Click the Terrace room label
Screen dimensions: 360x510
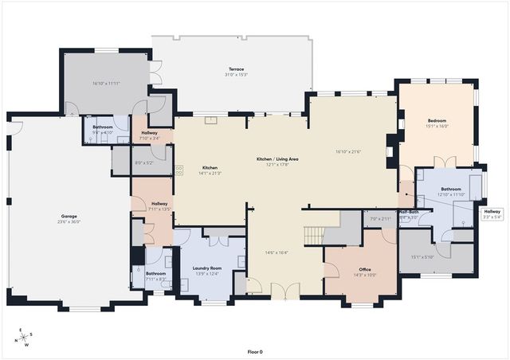tap(237, 69)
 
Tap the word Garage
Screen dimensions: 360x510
tap(69, 216)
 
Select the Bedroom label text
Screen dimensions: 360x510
tap(437, 121)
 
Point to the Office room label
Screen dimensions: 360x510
tap(365, 269)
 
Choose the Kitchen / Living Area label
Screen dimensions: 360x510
tap(277, 160)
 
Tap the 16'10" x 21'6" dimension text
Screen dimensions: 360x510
tap(348, 151)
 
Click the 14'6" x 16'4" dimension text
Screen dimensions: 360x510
tap(276, 253)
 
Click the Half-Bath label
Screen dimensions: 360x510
tap(410, 211)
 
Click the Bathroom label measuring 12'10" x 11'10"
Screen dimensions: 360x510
tap(451, 189)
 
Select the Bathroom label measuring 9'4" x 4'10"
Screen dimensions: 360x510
tap(102, 127)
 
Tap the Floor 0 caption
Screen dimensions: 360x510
tap(255, 351)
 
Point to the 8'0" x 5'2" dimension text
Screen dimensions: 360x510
tap(143, 163)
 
